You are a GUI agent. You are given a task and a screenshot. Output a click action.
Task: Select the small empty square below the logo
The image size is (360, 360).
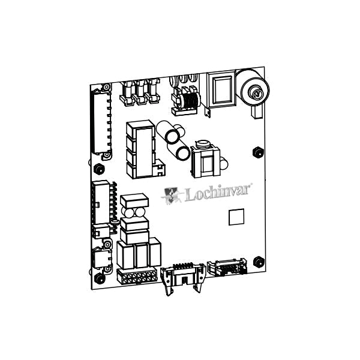point(237,217)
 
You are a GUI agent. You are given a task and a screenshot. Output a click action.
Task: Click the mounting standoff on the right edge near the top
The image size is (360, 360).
point(256,150)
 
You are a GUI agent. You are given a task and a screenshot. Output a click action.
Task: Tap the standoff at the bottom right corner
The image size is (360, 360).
point(259,262)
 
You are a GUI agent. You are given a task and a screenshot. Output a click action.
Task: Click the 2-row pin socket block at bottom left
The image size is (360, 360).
point(137,278)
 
